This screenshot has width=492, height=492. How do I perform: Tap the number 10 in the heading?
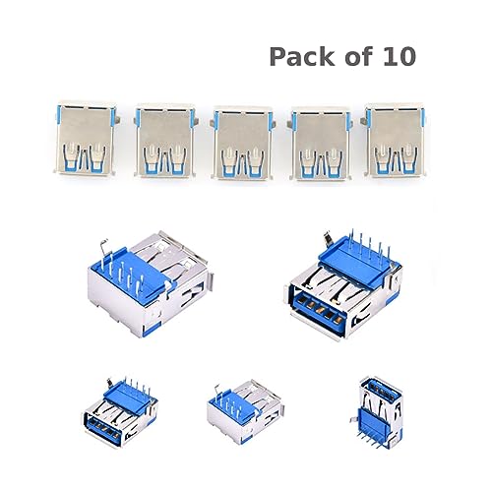pos(397,56)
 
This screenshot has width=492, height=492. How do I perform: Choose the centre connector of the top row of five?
pos(242,142)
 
